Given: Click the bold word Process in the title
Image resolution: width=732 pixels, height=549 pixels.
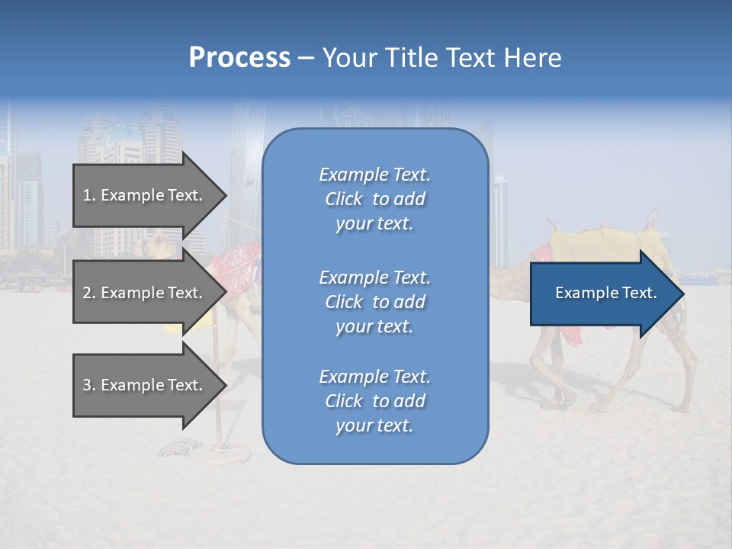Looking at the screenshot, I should click(x=239, y=58).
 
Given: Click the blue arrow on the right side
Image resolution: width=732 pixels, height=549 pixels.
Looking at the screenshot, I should click(x=602, y=294).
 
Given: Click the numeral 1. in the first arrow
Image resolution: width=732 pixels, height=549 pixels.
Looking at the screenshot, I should click(x=89, y=195).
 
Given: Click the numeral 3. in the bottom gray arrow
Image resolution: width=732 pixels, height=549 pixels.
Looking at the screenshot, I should click(x=89, y=385).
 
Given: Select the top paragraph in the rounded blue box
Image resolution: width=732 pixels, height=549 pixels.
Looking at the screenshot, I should click(x=374, y=199).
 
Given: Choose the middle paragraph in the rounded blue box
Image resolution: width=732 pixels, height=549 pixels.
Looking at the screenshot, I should click(x=374, y=302).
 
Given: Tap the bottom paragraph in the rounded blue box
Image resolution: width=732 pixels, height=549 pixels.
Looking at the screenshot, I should click(x=374, y=401).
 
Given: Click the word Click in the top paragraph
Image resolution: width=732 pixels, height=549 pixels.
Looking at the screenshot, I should click(x=344, y=199).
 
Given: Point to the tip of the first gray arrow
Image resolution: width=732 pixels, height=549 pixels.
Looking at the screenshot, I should click(x=226, y=195).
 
